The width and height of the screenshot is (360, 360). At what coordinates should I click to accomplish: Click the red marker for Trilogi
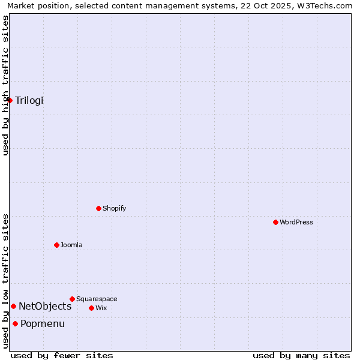pyautogui.click(x=10, y=100)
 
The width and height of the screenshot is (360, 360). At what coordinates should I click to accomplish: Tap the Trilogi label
pyautogui.click(x=29, y=100)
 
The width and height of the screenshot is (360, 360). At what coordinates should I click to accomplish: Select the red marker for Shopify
pyautogui.click(x=99, y=208)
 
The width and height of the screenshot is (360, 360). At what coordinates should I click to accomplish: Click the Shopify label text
pyautogui.click(x=114, y=208)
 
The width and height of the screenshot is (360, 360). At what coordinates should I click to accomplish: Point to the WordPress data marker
pyautogui.click(x=276, y=222)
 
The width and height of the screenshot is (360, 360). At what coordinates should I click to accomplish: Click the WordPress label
pyautogui.click(x=296, y=222)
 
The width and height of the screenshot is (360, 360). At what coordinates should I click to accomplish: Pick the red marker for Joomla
pyautogui.click(x=57, y=245)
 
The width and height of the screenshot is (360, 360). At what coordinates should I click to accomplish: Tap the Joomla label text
pyautogui.click(x=71, y=245)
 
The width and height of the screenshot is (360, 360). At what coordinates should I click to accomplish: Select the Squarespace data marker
pyautogui.click(x=73, y=299)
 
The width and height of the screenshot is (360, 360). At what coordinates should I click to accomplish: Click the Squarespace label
pyautogui.click(x=97, y=299)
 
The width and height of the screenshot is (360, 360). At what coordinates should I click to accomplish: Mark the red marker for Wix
pyautogui.click(x=92, y=308)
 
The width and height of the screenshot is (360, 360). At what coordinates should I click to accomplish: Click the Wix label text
pyautogui.click(x=101, y=308)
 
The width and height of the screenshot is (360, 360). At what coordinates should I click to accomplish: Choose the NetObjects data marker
pyautogui.click(x=13, y=307)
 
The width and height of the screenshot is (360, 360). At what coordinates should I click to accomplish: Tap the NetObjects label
pyautogui.click(x=45, y=307)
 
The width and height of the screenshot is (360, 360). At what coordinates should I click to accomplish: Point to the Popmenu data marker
pyautogui.click(x=15, y=324)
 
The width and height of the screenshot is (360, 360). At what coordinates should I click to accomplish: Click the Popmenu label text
pyautogui.click(x=43, y=324)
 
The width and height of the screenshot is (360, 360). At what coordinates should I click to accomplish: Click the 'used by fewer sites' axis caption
pyautogui.click(x=62, y=355)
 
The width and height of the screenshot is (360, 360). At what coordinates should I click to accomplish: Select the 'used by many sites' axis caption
pyautogui.click(x=301, y=355)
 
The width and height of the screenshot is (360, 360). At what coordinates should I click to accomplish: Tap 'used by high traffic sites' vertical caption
pyautogui.click(x=5, y=85)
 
